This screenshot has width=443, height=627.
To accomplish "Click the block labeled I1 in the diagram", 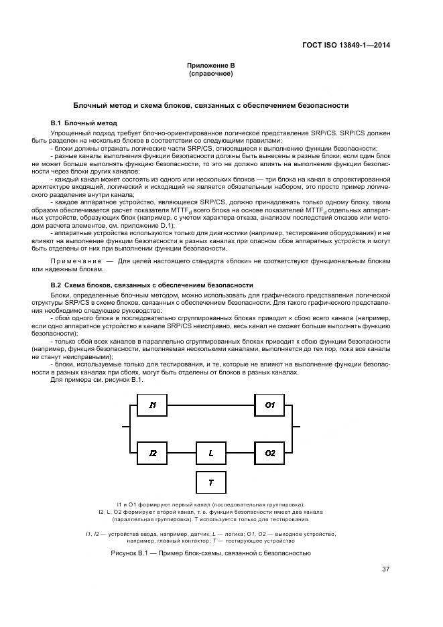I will (x=153, y=405).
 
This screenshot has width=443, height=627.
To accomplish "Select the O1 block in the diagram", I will (x=270, y=405).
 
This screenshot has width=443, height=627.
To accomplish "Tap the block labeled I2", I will (x=153, y=454).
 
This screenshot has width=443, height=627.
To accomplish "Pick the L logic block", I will (x=211, y=454).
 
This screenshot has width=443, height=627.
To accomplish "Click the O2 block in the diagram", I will (x=270, y=454).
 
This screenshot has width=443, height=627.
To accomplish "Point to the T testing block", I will (x=211, y=482).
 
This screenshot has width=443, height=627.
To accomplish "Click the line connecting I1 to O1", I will (x=211, y=405).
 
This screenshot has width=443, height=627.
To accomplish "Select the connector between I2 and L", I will (x=182, y=454).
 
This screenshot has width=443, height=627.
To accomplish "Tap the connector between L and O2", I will (x=241, y=454).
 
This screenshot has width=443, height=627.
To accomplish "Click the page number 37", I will (x=385, y=570).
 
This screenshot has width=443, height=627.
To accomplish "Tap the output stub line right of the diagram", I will (x=300, y=425).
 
